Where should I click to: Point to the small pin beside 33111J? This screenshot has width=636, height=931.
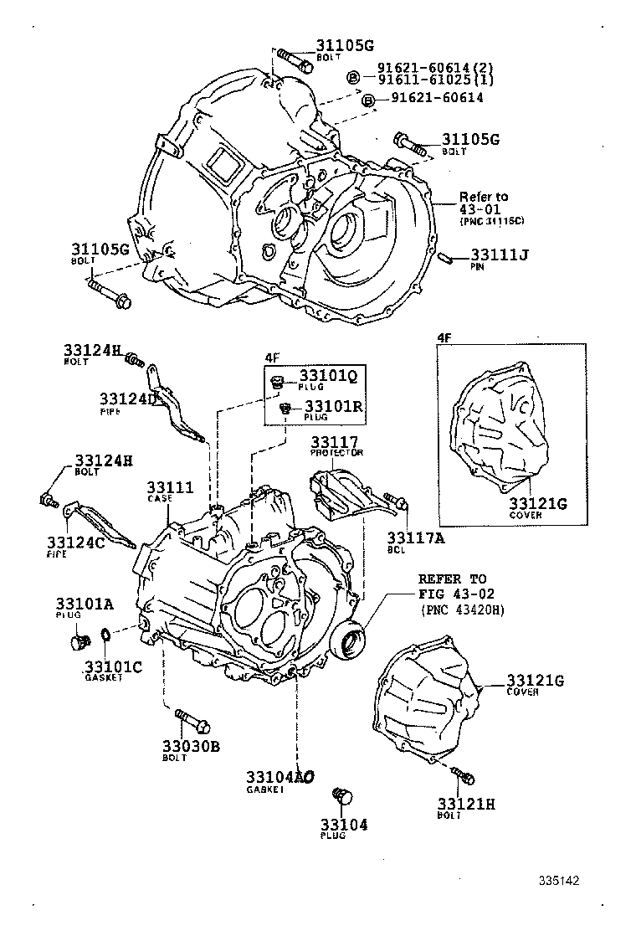pyautogui.click(x=448, y=257)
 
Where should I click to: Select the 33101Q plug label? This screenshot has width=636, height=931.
pyautogui.click(x=328, y=377)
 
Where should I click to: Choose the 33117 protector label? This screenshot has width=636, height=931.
pyautogui.click(x=335, y=441)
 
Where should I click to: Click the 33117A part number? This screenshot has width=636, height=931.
pyautogui.click(x=415, y=539)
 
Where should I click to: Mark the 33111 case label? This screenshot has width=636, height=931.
pyautogui.click(x=171, y=487)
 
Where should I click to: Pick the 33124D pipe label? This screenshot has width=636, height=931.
pyautogui.click(x=128, y=399)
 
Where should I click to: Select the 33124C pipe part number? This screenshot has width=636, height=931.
pyautogui.click(x=74, y=543)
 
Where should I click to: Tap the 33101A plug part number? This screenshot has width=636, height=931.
pyautogui.click(x=85, y=603)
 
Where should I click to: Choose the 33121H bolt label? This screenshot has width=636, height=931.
pyautogui.click(x=466, y=804)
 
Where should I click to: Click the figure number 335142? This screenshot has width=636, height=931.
pyautogui.click(x=559, y=881)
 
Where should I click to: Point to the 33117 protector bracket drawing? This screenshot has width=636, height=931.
pyautogui.click(x=341, y=495)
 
